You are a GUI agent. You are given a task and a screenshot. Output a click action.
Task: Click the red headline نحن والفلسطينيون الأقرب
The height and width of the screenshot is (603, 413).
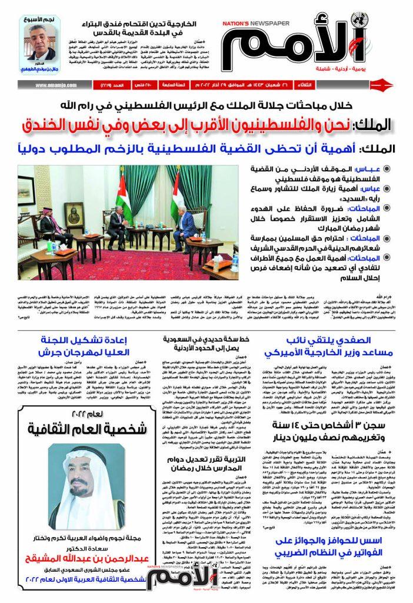coord(209,124)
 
